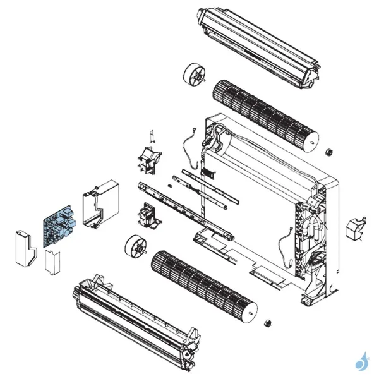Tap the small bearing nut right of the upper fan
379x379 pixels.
tap(328, 153)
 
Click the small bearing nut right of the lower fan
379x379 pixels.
tap(267, 323)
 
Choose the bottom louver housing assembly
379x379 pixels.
tap(133, 319)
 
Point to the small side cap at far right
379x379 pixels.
tap(356, 227)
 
